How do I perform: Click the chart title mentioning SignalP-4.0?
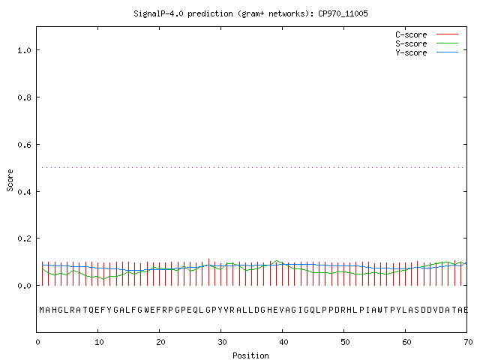click(250, 13)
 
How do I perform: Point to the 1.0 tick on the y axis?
click(25, 50)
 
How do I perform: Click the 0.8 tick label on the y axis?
click(25, 97)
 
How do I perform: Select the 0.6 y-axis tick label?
click(25, 145)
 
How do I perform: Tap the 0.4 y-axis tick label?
click(25, 192)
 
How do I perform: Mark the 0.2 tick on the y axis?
click(25, 238)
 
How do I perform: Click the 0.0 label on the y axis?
click(25, 286)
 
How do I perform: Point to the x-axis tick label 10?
click(99, 342)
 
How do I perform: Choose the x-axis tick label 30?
click(222, 342)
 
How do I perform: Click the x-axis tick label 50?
click(345, 342)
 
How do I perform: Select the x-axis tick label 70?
click(468, 342)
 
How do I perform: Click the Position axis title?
click(250, 355)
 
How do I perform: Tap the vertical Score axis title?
click(10, 180)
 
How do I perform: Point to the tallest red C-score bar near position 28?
click(208, 272)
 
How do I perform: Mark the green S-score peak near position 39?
click(277, 261)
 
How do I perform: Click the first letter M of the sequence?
click(42, 310)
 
